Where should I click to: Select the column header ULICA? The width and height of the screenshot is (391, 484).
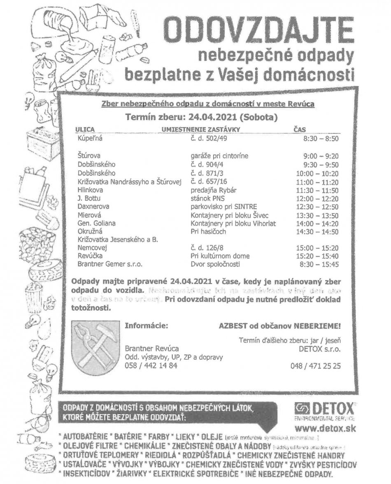coord(85,129)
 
